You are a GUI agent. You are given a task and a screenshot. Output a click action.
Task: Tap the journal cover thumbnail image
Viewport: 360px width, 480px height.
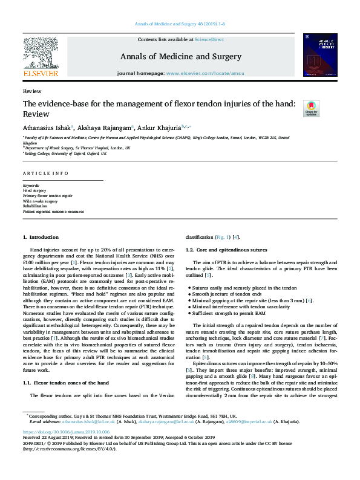pos(320,54)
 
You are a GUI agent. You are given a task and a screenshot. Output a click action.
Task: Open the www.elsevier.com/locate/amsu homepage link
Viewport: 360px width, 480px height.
pos(198,73)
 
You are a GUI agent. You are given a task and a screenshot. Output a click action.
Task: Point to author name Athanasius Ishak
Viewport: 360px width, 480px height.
pos(46,128)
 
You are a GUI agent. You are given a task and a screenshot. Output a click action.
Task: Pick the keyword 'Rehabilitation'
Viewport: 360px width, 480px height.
pos(35,206)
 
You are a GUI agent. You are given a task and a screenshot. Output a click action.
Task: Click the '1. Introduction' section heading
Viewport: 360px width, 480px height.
pos(41,238)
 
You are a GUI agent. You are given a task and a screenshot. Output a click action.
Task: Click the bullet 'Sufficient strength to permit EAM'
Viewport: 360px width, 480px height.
pos(227,313)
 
